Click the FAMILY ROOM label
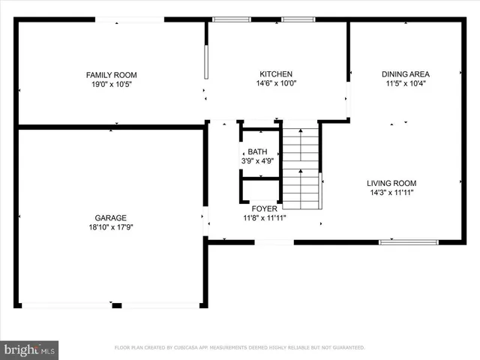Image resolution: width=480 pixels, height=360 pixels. pyautogui.click(x=111, y=75)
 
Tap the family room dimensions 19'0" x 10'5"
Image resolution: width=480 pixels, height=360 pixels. pyautogui.click(x=111, y=85)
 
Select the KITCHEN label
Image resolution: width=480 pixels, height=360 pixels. pyautogui.click(x=276, y=74)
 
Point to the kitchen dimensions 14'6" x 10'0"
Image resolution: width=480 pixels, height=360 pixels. pyautogui.click(x=276, y=84)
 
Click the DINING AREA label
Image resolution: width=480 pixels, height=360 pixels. pyautogui.click(x=406, y=74)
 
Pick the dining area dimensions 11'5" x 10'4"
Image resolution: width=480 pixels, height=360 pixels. pyautogui.click(x=406, y=84)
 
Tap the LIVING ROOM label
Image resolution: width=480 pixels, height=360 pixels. pyautogui.click(x=391, y=183)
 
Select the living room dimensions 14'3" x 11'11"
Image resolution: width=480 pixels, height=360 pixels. pyautogui.click(x=391, y=193)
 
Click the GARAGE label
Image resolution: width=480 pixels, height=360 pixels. pyautogui.click(x=110, y=217)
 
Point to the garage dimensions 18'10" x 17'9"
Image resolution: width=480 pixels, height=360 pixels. pyautogui.click(x=110, y=227)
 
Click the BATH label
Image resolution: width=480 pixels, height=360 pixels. pyautogui.click(x=257, y=151)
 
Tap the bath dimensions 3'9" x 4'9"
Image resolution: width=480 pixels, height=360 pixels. pyautogui.click(x=257, y=160)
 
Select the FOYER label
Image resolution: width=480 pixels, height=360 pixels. pyautogui.click(x=264, y=209)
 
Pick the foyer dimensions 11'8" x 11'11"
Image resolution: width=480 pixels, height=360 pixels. pyautogui.click(x=264, y=218)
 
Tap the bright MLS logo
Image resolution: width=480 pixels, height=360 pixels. pyautogui.click(x=30, y=349)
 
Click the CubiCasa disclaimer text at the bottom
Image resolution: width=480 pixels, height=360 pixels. pyautogui.click(x=239, y=348)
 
